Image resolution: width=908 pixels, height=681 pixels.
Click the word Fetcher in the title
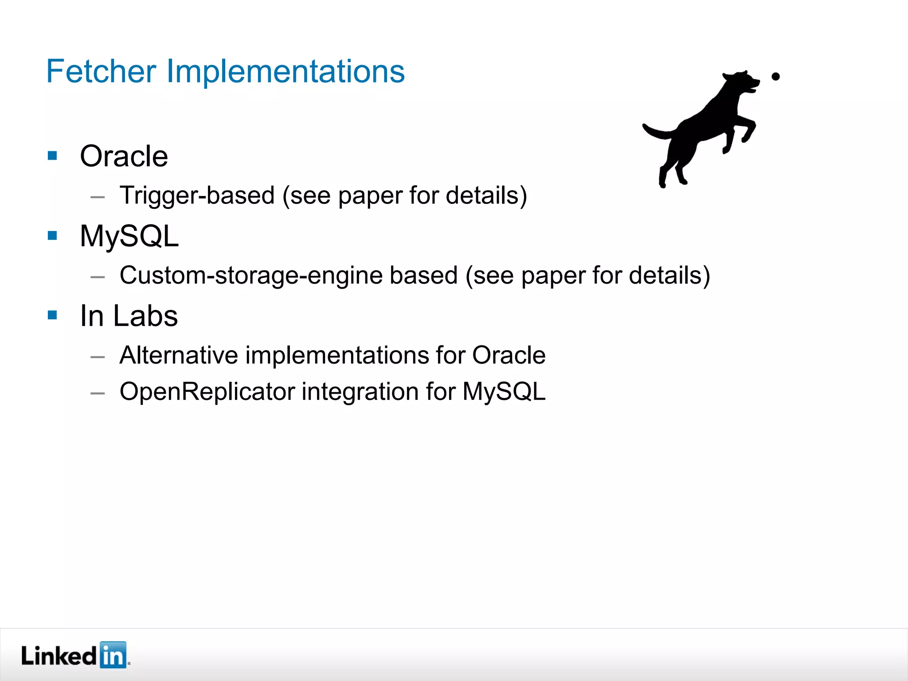[101, 71]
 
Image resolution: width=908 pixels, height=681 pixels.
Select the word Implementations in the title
[285, 71]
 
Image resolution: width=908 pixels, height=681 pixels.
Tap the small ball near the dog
[775, 77]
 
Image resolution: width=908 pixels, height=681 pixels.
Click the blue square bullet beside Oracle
[53, 156]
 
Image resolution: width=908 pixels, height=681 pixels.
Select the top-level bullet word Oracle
[124, 157]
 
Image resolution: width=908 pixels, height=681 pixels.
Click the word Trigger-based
[197, 196]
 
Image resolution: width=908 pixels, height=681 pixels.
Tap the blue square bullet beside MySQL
[53, 235]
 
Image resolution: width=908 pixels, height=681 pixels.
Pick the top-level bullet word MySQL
[129, 236]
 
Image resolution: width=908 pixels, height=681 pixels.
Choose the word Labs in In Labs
[145, 316]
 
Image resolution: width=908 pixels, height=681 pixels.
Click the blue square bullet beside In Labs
[53, 315]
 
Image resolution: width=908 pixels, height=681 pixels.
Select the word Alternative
[179, 355]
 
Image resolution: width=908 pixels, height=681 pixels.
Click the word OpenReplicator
[207, 392]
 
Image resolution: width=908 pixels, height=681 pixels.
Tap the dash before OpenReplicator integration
[98, 393]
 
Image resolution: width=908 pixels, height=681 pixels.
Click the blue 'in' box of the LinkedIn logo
[113, 655]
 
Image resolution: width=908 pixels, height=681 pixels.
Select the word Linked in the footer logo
[59, 656]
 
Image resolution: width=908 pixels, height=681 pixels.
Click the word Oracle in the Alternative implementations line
[509, 355]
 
